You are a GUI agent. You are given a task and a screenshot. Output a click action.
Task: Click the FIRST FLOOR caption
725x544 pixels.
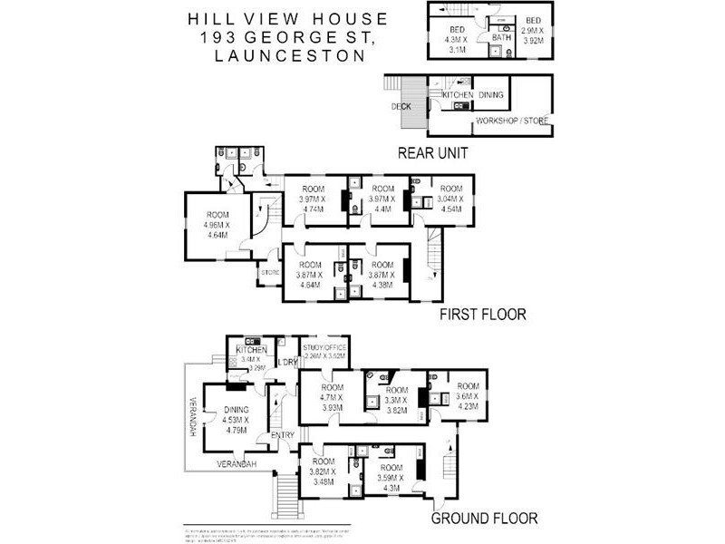[483, 316]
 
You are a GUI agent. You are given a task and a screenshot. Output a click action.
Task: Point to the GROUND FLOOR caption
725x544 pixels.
[484, 519]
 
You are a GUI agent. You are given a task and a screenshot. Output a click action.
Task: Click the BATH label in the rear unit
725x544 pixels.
[501, 38]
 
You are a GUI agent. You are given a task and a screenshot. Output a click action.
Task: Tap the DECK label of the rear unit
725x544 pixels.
[401, 106]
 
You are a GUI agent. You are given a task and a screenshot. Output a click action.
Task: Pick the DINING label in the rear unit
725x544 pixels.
[491, 94]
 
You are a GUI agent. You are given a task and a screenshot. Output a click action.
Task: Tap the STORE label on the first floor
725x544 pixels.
[269, 272]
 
